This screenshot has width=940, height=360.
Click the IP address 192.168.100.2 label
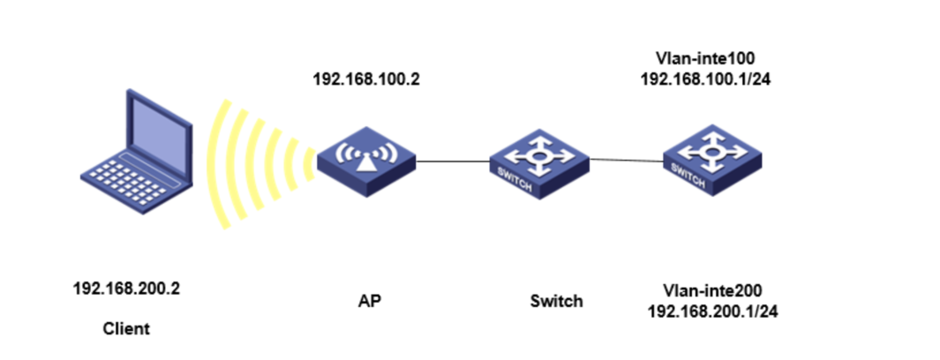coord(367,78)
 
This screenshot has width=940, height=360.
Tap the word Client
coord(126,328)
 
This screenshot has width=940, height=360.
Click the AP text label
coord(370,300)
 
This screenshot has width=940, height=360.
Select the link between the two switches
coord(625,160)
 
